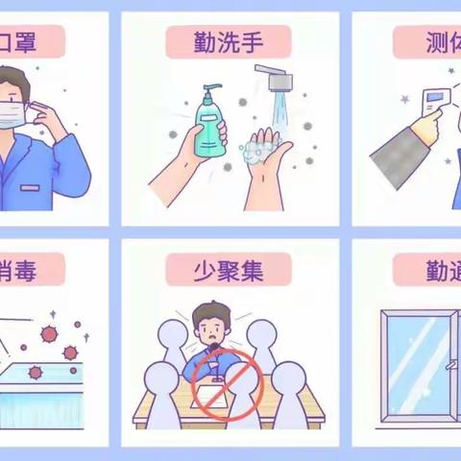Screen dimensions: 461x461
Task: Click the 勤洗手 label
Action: click(x=229, y=42)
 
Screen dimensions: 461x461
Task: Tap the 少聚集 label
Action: click(x=229, y=269)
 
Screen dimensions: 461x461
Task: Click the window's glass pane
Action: click(x=418, y=365)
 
